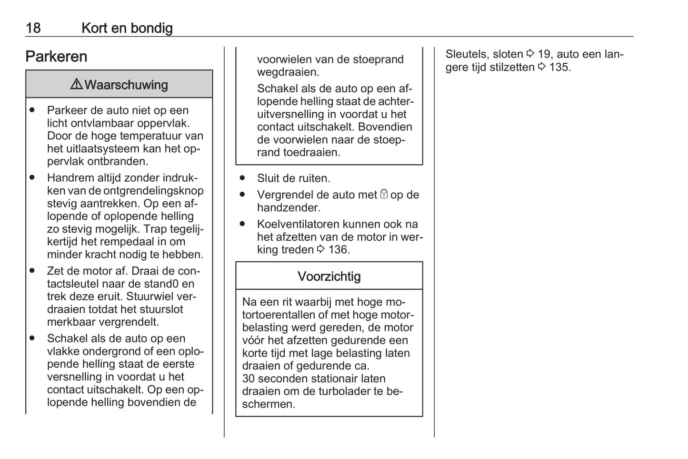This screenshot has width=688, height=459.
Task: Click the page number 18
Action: [x=33, y=28]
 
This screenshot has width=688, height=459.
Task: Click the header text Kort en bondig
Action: [x=127, y=28]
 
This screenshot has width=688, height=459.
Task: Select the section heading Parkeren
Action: [x=56, y=57]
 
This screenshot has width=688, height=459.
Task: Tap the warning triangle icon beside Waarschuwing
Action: [x=76, y=84]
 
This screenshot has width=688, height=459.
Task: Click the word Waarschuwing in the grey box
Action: [x=126, y=85]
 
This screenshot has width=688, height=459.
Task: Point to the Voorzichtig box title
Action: [x=329, y=276]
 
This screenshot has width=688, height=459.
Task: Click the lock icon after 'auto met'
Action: [x=384, y=194]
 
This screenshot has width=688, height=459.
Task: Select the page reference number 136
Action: [x=338, y=250]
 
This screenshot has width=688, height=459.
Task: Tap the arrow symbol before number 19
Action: [x=530, y=54]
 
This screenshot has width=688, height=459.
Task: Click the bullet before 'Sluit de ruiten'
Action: [x=242, y=178]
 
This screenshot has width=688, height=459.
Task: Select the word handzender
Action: [x=289, y=208]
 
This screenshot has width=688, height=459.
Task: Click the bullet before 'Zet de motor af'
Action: [x=32, y=271]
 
